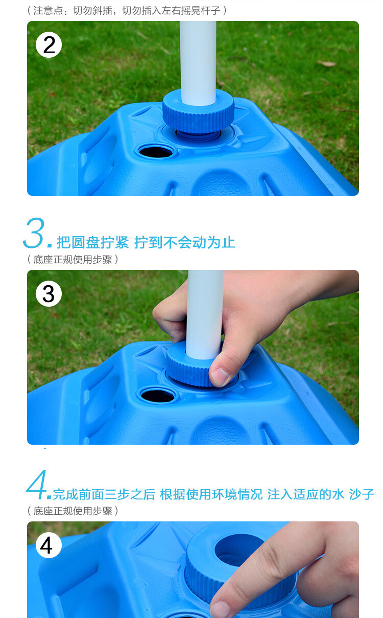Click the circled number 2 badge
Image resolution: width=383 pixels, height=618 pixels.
[49, 44]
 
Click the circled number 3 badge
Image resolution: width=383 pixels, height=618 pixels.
[49, 293]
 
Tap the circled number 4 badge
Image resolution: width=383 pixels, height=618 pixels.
[49, 545]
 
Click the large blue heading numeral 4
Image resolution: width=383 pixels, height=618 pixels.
[37, 484]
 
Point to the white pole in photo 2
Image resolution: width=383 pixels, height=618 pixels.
[198, 63]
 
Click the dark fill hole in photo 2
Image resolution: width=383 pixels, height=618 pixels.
[155, 152]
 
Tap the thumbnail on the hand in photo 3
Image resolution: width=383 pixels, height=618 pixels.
[221, 376]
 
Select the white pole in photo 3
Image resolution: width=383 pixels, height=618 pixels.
[205, 314]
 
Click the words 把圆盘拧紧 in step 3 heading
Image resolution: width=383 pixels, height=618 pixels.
[92, 242]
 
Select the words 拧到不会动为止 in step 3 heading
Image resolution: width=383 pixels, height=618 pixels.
[185, 242]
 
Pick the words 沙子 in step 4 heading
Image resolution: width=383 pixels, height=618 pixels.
[362, 494]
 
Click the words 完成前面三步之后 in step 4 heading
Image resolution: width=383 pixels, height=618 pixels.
[104, 494]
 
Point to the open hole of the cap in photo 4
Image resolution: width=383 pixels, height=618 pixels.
[239, 549]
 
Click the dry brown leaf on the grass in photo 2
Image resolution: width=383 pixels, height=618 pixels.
[327, 64]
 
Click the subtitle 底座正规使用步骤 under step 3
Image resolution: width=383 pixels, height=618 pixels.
[73, 259]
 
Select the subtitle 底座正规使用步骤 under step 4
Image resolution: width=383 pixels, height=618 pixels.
[73, 511]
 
